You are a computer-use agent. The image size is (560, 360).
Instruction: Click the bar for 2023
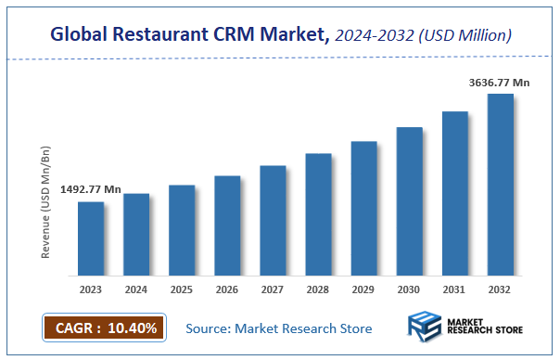click(90, 238)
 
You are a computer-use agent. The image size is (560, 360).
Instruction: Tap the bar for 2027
click(273, 221)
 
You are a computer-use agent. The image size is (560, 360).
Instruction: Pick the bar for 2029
click(363, 209)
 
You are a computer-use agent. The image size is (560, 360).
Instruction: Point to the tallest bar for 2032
click(501, 185)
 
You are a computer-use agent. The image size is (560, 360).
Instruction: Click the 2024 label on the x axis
click(136, 289)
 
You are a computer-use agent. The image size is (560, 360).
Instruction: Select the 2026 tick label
click(227, 289)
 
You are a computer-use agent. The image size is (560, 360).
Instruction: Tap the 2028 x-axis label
click(318, 289)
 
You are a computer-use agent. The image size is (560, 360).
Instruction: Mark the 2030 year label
click(409, 289)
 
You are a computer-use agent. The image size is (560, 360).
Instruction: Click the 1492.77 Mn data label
click(91, 189)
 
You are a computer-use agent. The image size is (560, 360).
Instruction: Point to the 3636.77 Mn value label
click(499, 83)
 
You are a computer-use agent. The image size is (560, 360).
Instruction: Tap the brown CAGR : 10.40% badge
click(104, 328)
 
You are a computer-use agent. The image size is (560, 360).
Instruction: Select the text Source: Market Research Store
click(279, 328)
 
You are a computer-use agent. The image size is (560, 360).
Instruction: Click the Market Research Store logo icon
click(426, 328)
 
